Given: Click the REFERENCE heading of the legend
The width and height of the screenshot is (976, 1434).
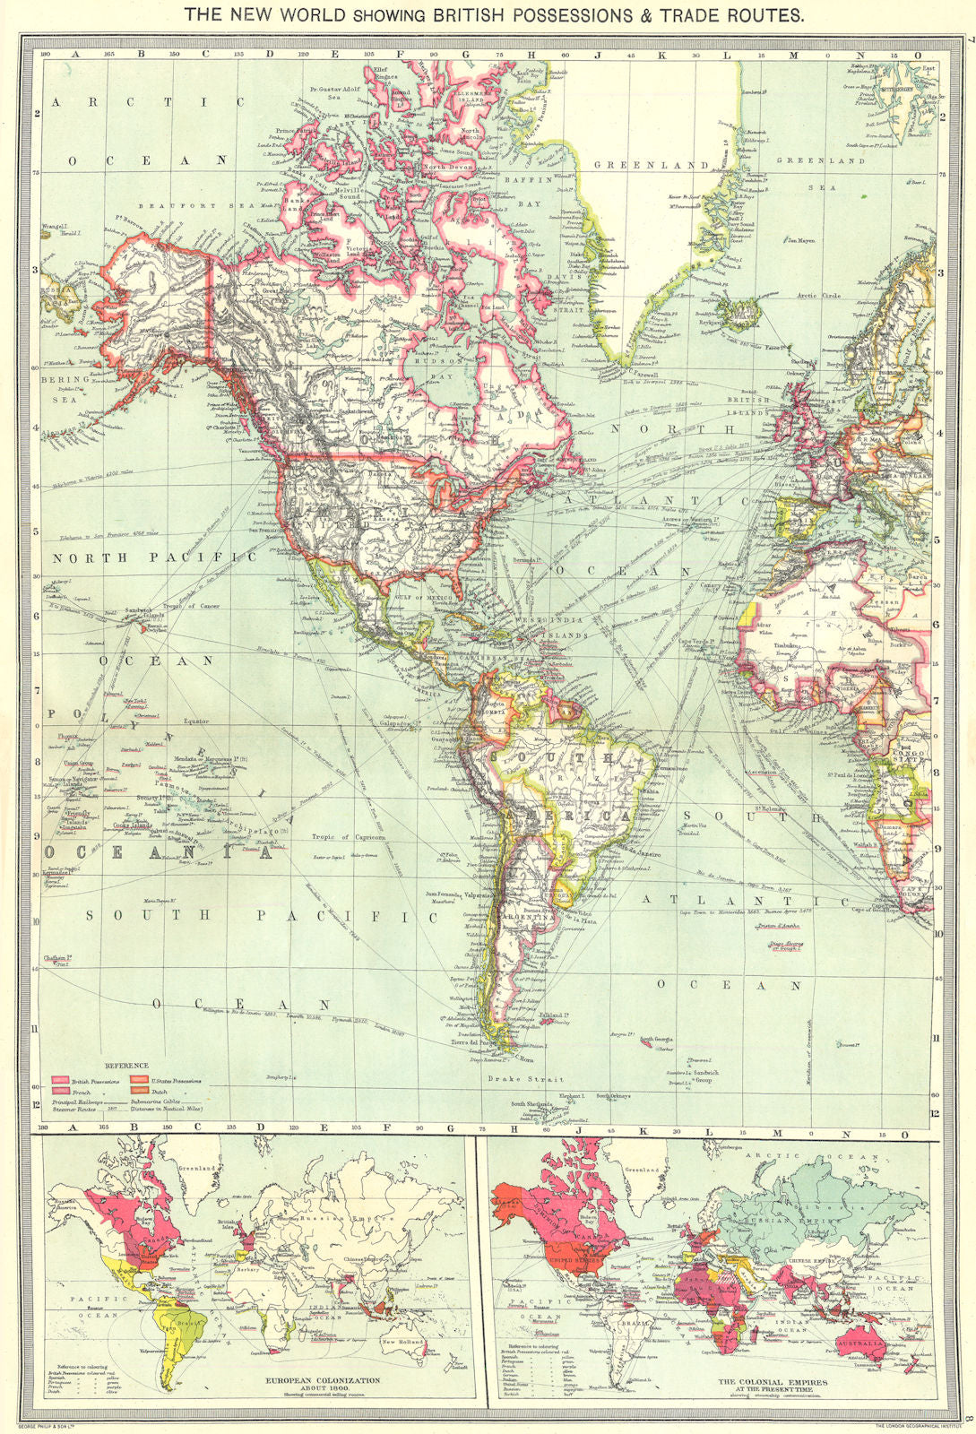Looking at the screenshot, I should (x=125, y=1065).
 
